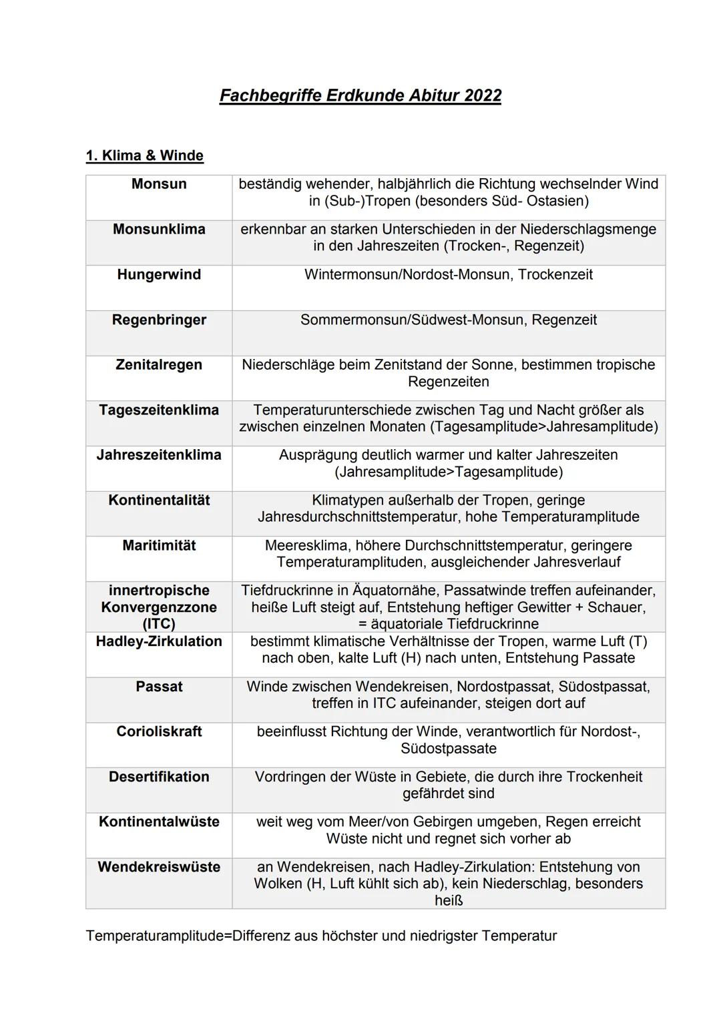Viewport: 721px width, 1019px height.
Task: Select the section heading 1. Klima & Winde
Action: (x=144, y=155)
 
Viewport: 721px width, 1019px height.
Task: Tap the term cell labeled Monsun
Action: (x=159, y=184)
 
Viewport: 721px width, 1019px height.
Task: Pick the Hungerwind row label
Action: (x=159, y=275)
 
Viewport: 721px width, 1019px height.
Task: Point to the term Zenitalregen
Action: (x=159, y=365)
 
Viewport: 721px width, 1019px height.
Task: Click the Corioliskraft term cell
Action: (x=159, y=731)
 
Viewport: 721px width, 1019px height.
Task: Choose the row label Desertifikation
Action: (x=159, y=777)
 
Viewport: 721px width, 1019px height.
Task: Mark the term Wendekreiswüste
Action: (x=159, y=867)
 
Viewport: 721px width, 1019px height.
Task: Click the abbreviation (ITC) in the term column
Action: (x=159, y=624)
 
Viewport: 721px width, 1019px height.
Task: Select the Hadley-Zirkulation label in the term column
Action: (x=159, y=641)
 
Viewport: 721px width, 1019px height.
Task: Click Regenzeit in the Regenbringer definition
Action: (x=564, y=320)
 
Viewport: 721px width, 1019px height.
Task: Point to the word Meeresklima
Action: (x=306, y=546)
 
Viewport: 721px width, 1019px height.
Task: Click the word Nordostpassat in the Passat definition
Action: (x=505, y=687)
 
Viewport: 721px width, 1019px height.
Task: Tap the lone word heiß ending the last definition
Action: (x=448, y=901)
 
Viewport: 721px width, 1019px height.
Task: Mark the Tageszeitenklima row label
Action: (x=159, y=410)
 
